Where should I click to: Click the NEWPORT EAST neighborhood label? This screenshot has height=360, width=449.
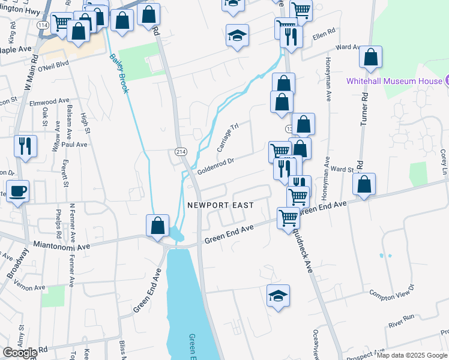pyautogui.click(x=220, y=205)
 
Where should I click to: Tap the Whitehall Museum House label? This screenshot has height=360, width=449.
pyautogui.click(x=393, y=81)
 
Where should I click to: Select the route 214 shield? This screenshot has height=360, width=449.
pyautogui.click(x=180, y=152)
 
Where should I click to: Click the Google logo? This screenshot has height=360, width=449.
pyautogui.click(x=20, y=352)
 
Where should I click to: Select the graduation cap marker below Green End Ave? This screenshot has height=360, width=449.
pyautogui.click(x=278, y=296)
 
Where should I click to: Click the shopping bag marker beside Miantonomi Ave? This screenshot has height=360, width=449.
pyautogui.click(x=157, y=226)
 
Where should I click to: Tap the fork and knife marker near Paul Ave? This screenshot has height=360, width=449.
pyautogui.click(x=25, y=146)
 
